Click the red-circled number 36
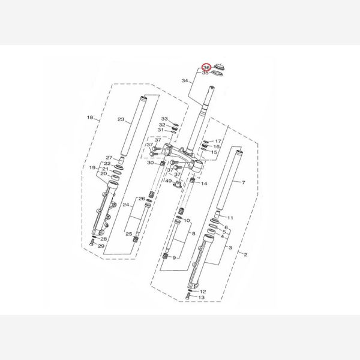[x=206, y=67]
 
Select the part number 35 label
[x=205, y=73]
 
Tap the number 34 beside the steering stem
[x=185, y=80]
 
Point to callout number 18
[x=90, y=118]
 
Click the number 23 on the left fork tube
[x=121, y=119]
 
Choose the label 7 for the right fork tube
[x=244, y=182]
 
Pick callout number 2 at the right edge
[x=245, y=254]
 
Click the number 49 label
[x=168, y=181]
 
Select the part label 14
[x=204, y=184]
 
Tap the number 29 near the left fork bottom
[x=101, y=246]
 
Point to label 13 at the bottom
[x=201, y=298]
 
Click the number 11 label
[x=230, y=218]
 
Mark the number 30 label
[x=151, y=163]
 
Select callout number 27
[x=109, y=158]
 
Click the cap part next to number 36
[x=220, y=67]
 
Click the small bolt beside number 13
[x=188, y=296]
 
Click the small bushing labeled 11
[x=218, y=215]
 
